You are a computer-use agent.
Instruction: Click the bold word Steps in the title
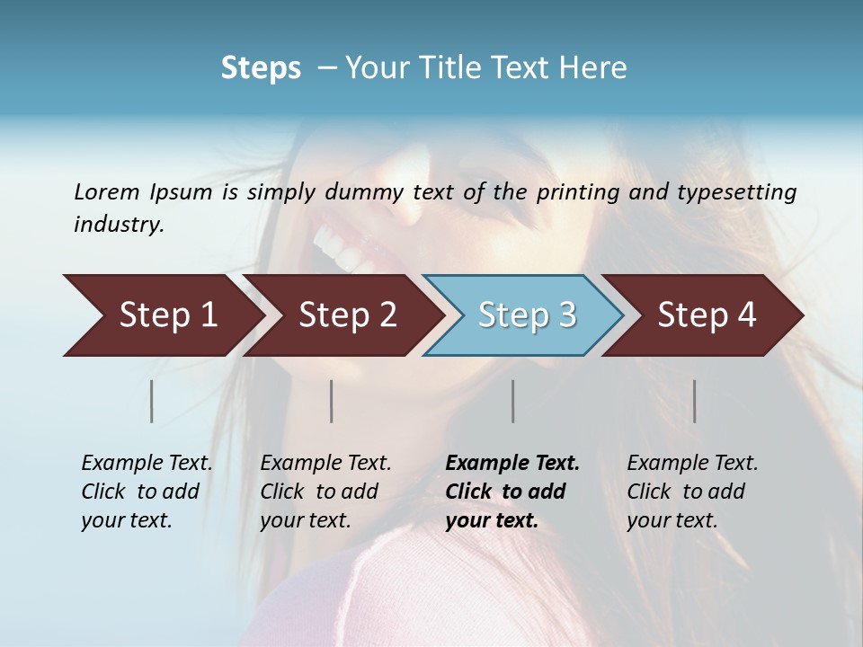[x=261, y=68]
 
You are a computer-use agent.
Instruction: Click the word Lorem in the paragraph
[x=107, y=191]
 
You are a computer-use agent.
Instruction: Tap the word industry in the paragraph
[x=119, y=224]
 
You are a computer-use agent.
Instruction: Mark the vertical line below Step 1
[x=151, y=401]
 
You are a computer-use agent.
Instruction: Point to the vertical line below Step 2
[x=332, y=401]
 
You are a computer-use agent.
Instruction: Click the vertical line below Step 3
[x=512, y=401]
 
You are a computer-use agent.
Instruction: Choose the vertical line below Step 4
[x=694, y=401]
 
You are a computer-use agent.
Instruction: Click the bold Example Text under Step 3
[x=512, y=464]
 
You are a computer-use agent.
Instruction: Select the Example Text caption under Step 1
[x=147, y=464]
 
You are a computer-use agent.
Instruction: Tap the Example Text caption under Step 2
[x=325, y=464]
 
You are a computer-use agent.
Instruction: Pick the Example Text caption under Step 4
[x=692, y=464]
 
